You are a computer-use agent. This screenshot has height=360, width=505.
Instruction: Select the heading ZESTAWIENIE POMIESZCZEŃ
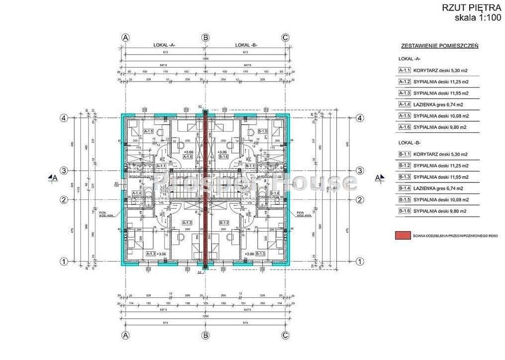tap(439, 46)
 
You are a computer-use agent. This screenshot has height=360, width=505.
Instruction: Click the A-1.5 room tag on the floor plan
tap(148, 132)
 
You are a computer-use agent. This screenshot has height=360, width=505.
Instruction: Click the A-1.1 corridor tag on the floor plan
tap(161, 166)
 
